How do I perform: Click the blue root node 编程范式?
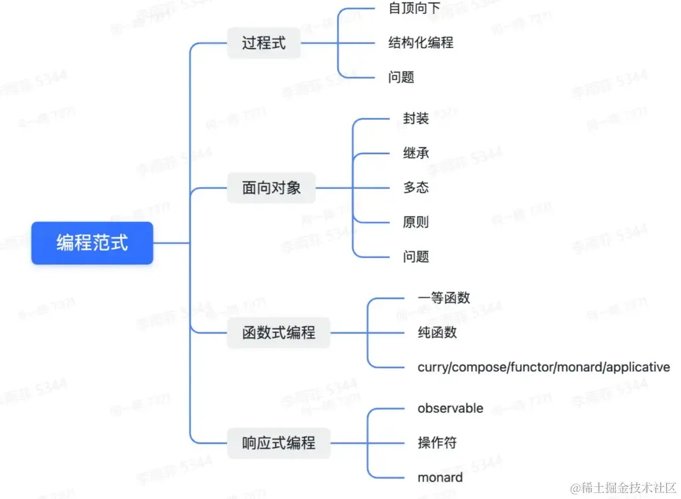click(x=92, y=242)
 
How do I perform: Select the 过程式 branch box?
click(x=264, y=43)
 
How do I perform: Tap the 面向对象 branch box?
click(x=271, y=188)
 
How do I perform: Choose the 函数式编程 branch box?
click(x=278, y=332)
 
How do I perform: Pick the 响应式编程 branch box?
click(x=278, y=442)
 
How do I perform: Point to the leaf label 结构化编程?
click(x=421, y=43)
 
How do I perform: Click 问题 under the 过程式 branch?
click(x=401, y=77)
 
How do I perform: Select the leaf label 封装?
click(x=416, y=118)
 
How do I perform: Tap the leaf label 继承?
click(x=416, y=153)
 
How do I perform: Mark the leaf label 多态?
click(x=416, y=188)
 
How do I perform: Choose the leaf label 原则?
click(x=416, y=222)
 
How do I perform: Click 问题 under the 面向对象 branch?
click(x=416, y=257)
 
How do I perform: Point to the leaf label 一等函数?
click(x=443, y=297)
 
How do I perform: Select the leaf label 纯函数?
click(x=437, y=332)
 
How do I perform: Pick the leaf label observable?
click(x=450, y=408)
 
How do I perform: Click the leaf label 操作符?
click(x=437, y=442)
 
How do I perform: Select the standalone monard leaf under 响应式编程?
click(x=440, y=477)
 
